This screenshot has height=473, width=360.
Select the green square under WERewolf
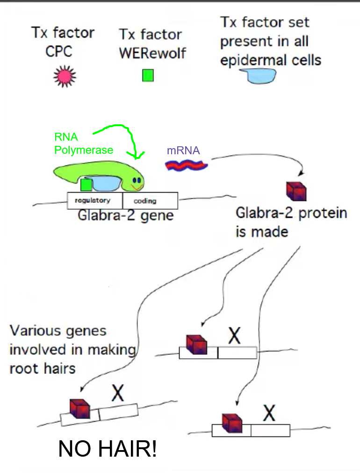click(148, 75)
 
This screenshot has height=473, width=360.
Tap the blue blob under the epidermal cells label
click(256, 76)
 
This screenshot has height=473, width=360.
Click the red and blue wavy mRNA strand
click(187, 165)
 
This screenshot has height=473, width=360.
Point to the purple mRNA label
click(183, 150)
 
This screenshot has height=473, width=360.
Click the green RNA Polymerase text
click(83, 143)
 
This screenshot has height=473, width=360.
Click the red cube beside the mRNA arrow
click(295, 190)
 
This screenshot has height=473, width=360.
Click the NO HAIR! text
click(107, 449)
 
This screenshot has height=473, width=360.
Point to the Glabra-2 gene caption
click(125, 216)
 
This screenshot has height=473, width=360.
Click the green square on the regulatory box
click(86, 185)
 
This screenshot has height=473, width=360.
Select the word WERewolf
click(152, 53)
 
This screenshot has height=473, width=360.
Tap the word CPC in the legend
click(59, 51)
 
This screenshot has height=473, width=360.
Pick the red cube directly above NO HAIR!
click(79, 408)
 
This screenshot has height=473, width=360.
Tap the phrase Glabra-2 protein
click(291, 213)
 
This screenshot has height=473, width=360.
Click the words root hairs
click(43, 368)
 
